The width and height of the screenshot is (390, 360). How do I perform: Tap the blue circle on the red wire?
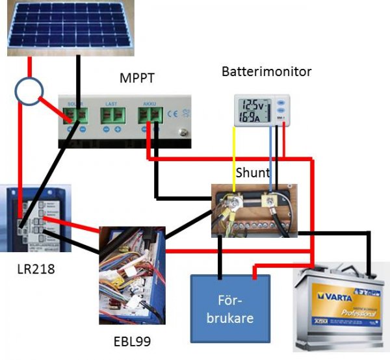29,92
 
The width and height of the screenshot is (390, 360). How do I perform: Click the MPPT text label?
136,79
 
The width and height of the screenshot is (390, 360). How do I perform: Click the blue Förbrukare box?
231,309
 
